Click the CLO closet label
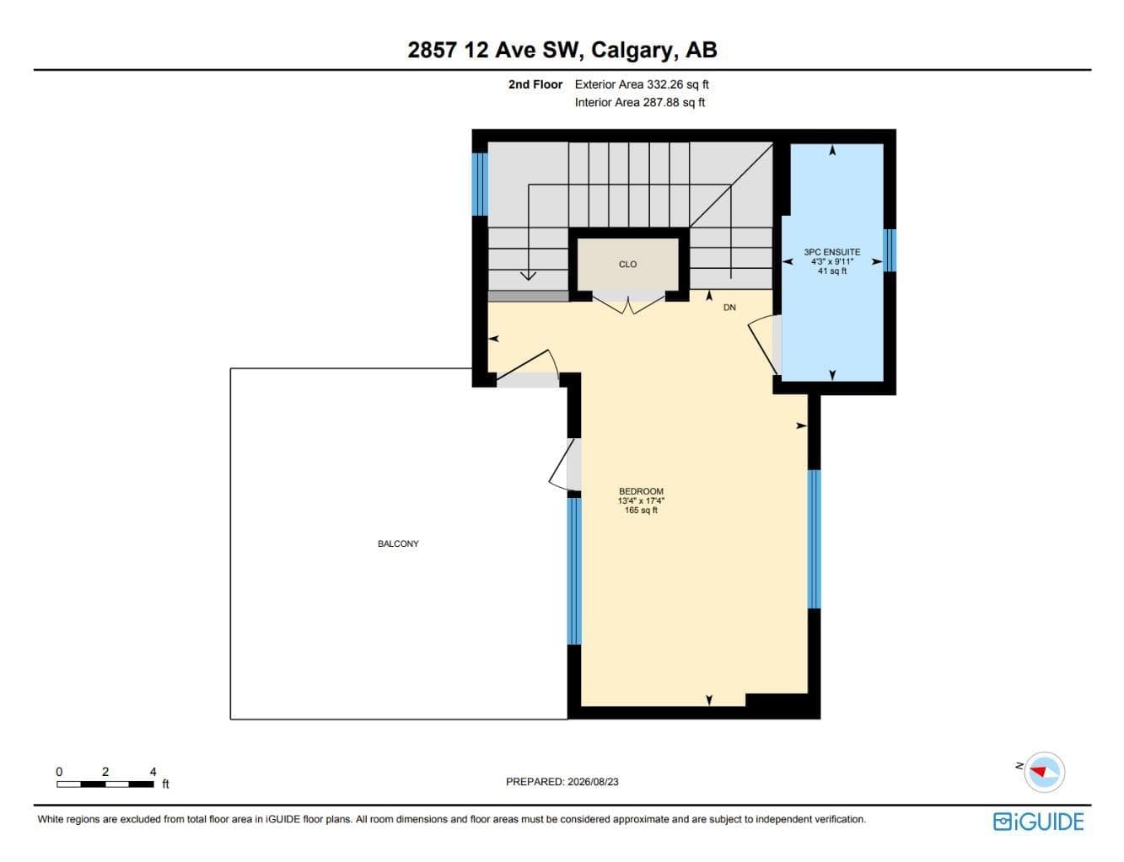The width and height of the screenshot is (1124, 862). point(627,264)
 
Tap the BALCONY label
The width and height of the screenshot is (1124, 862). point(398,543)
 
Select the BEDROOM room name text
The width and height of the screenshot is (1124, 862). point(641,491)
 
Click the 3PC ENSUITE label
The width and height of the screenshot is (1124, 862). point(831,252)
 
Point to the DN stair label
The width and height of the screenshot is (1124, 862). point(729,308)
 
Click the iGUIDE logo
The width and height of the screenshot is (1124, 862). point(1038,822)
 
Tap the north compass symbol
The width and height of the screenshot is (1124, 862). point(1044,772)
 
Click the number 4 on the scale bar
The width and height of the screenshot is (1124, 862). point(153,772)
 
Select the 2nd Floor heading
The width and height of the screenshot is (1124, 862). point(535,84)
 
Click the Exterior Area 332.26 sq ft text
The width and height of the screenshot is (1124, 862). point(642,84)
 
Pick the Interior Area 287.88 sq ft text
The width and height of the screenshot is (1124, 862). point(640,102)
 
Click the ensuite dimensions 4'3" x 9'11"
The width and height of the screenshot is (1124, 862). point(831,261)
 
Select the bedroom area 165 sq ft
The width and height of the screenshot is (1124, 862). point(641,510)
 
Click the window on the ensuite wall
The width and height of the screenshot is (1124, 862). point(889,250)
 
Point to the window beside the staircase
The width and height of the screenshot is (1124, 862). point(480,184)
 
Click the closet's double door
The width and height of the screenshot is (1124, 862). point(628,304)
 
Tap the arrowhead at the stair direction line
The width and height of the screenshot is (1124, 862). point(528,276)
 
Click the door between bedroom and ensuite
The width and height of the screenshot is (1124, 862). point(763,345)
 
